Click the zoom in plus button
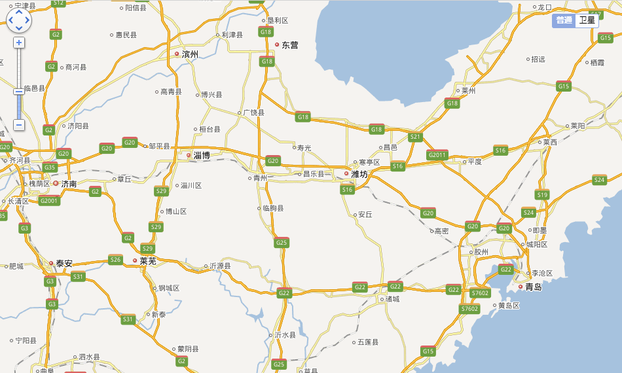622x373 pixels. pos(19,43)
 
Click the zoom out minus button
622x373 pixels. pos(19,124)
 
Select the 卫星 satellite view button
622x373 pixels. pos(587,20)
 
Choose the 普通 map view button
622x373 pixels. pos(564,20)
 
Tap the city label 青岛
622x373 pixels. pos(534,287)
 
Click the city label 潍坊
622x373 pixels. pos(359,174)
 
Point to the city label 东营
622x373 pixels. pos(289,45)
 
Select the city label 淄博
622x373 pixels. pos(202,156)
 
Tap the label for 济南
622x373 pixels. pos(69,184)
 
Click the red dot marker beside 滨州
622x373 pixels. pos(177,54)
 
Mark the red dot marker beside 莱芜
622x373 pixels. pos(135,260)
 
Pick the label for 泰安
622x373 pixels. pos(64,264)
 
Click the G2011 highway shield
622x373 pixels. pos(437,155)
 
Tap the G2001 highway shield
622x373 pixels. pos(49,201)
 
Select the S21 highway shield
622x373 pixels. pos(415,137)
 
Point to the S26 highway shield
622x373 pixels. pos(115,260)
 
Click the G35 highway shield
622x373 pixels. pos(50,168)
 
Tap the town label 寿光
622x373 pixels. pos(304,148)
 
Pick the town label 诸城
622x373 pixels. pos(392,300)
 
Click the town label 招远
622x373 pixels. pos(538,59)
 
